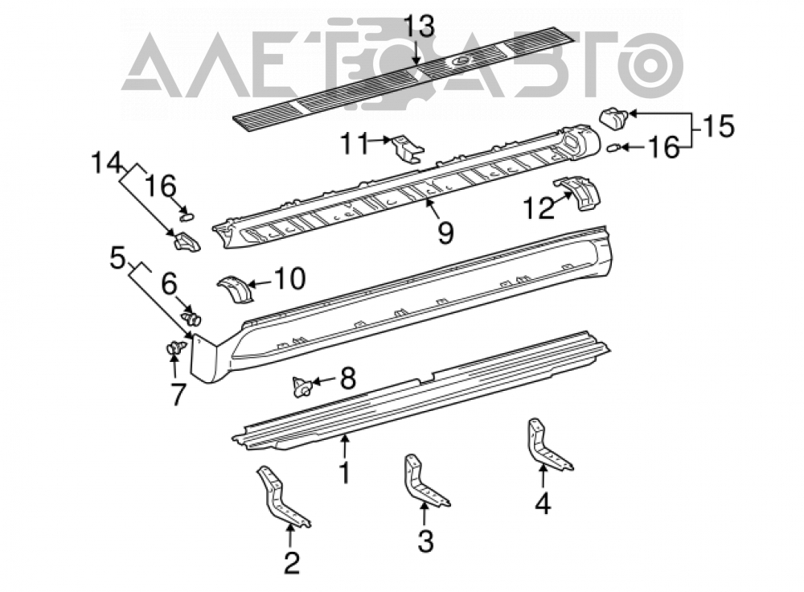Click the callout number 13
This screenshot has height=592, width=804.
pos(419,27)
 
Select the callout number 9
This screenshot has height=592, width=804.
pos(445,233)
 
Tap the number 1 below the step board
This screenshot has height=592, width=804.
pos(345,471)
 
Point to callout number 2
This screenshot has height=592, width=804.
pos(291,563)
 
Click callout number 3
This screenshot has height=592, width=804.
pos(425,541)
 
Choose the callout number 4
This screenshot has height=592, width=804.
pos(543,503)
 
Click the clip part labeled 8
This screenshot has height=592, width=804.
pos(302,386)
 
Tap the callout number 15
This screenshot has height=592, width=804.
pos(719,126)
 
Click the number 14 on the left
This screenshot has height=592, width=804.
pos(107,163)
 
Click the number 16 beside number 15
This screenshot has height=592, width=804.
pos(663,148)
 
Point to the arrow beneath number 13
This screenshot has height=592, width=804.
pos(418,52)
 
